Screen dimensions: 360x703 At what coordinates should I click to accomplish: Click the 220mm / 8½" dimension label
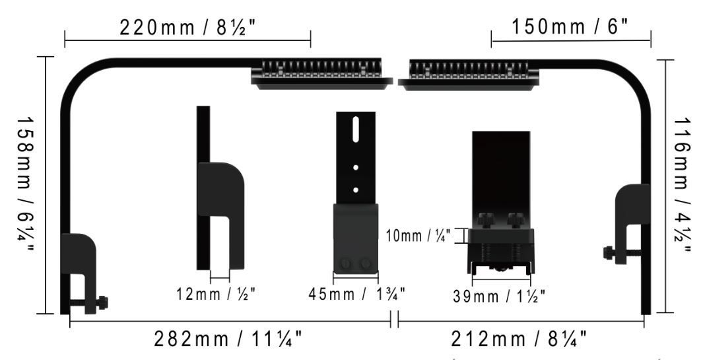(x=187, y=28)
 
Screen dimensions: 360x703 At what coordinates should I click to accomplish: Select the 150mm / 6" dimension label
(x=571, y=28)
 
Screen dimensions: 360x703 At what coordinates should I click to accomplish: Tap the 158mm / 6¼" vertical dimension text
(x=25, y=185)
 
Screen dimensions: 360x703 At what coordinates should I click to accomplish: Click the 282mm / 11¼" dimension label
(x=228, y=339)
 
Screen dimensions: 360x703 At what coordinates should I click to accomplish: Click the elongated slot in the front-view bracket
(x=356, y=129)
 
